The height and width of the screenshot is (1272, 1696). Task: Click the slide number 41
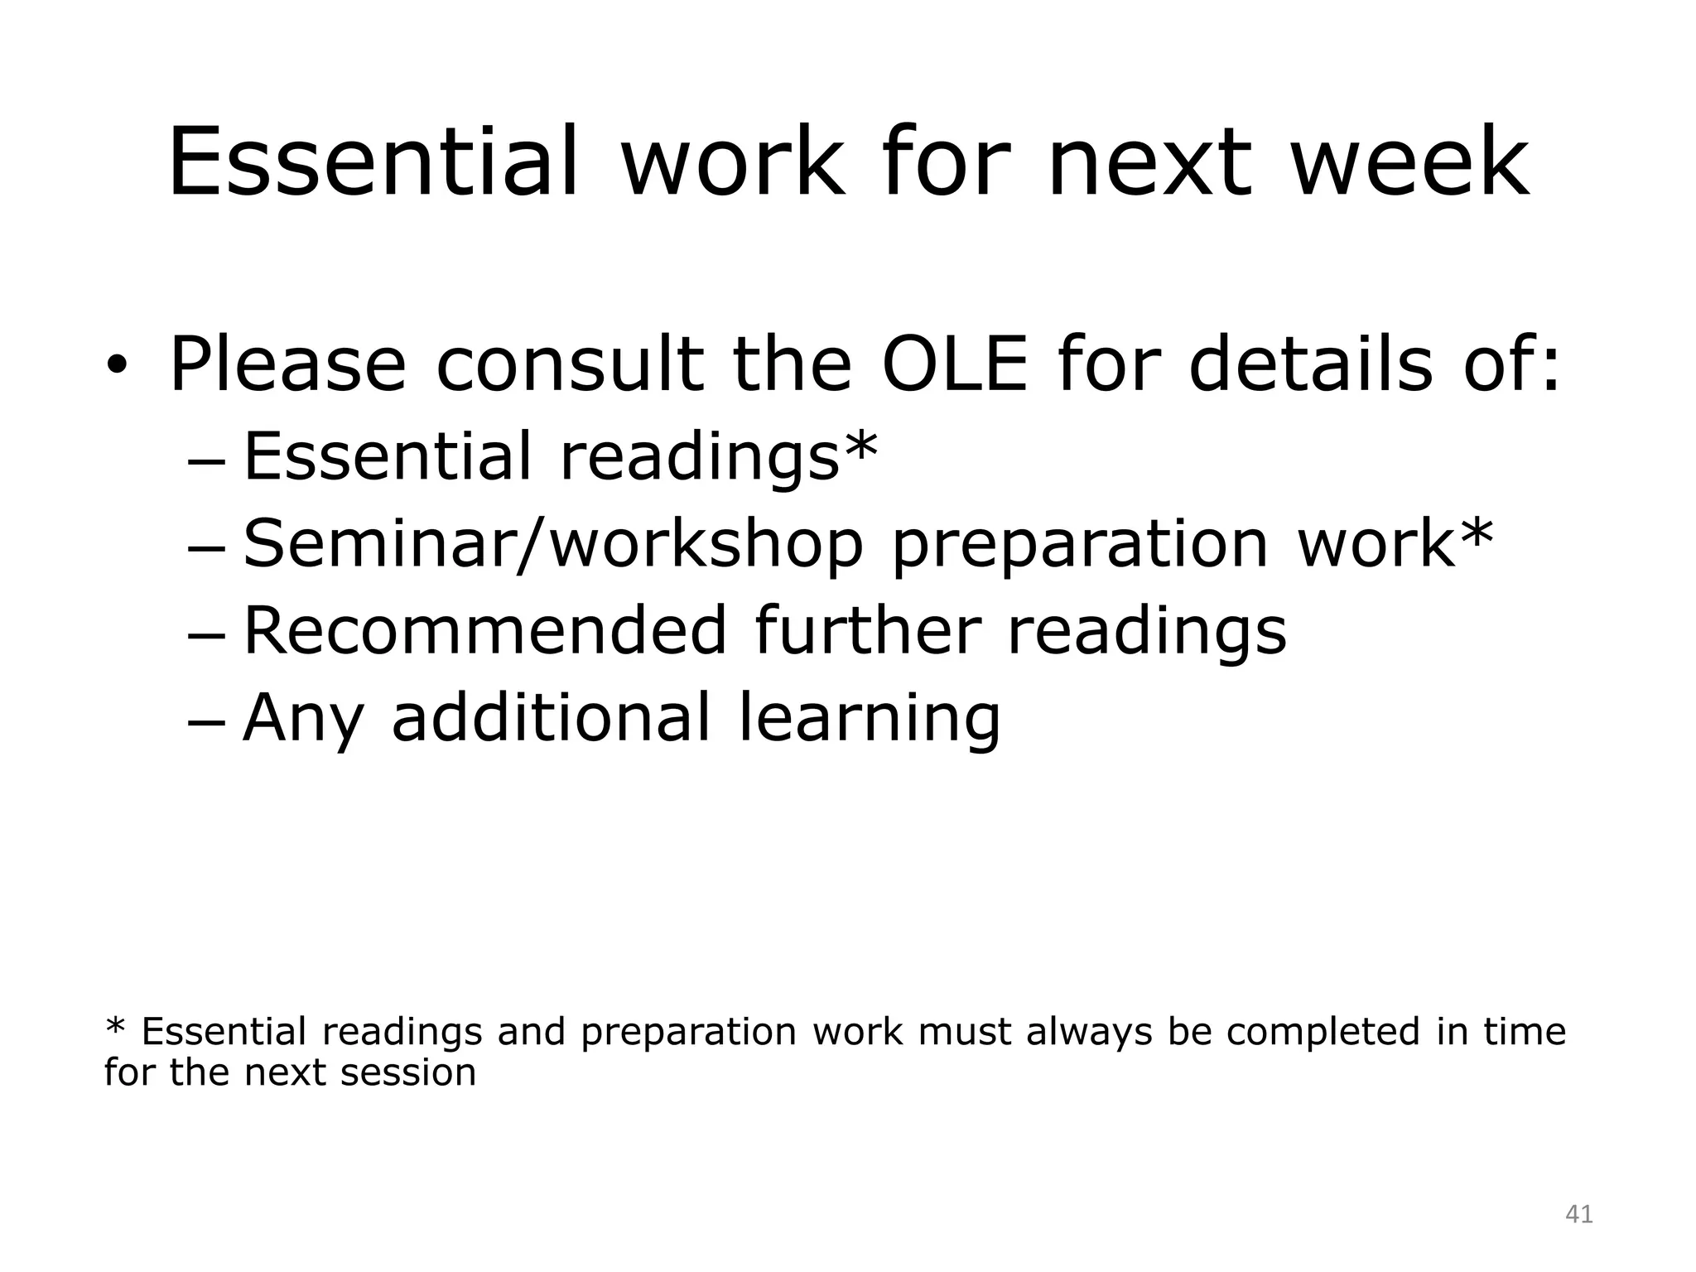1579,1215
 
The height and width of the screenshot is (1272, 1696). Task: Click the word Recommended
485,631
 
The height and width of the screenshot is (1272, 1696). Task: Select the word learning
870,719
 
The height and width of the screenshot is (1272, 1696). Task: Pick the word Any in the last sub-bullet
303,719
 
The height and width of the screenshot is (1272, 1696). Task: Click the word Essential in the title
373,162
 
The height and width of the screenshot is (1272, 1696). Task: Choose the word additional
551,717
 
